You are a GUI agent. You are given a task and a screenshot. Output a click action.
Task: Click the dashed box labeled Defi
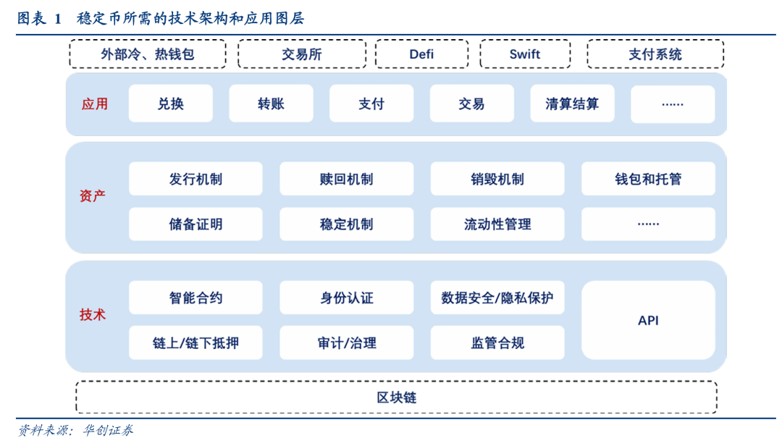click(x=421, y=54)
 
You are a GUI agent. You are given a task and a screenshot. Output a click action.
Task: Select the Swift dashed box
click(x=525, y=54)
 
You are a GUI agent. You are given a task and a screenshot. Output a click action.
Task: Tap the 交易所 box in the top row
click(x=302, y=54)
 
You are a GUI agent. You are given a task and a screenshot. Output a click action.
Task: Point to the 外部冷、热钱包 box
click(x=148, y=54)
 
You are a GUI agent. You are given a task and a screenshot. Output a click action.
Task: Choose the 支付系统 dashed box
click(x=655, y=54)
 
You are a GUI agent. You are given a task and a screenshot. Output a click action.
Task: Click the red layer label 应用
click(x=95, y=104)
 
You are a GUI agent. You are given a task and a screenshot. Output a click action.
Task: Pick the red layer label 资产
click(x=93, y=195)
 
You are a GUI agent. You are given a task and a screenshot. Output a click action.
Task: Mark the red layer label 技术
click(x=93, y=315)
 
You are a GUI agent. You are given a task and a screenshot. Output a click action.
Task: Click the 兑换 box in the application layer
click(x=171, y=104)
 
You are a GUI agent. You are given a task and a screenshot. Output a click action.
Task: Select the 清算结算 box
click(x=572, y=104)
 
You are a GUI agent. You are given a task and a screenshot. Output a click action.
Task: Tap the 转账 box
click(x=271, y=104)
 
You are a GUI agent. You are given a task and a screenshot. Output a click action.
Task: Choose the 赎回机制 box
click(x=347, y=179)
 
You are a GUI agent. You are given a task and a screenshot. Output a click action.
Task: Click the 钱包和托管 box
click(x=648, y=179)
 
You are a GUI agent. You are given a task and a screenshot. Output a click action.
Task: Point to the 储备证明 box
click(x=195, y=224)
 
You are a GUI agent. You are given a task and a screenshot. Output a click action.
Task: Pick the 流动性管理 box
click(x=497, y=224)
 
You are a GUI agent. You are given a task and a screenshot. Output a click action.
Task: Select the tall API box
click(x=648, y=320)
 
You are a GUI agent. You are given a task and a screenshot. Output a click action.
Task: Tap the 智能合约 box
click(x=195, y=298)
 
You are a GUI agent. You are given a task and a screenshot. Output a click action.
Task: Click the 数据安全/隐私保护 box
click(x=497, y=298)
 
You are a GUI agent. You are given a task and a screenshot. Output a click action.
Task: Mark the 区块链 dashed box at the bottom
click(x=397, y=397)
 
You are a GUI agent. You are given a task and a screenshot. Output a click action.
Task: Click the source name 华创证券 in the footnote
click(x=108, y=430)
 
